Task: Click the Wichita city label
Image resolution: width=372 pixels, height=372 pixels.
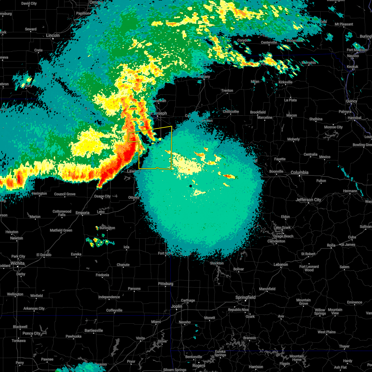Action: coord(17,263)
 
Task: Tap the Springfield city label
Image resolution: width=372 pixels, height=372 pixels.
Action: coord(246,297)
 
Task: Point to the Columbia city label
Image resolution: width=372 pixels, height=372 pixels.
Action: coord(299,172)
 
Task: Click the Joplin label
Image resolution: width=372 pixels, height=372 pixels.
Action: coord(177,306)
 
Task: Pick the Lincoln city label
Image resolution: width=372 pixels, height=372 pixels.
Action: coord(53,35)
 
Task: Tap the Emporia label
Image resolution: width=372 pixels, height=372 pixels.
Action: coord(82,213)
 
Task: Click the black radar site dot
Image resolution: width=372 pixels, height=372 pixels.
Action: coord(191,186)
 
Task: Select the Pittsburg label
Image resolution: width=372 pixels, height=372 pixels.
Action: coord(166,284)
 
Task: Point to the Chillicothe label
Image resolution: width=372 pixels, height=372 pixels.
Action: coord(231,112)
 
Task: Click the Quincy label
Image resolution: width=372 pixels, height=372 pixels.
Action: coord(351,101)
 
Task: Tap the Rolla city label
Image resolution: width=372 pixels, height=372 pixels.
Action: coord(331,245)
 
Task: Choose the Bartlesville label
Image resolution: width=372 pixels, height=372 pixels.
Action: coord(93,330)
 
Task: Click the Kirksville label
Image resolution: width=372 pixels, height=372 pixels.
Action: coord(286,82)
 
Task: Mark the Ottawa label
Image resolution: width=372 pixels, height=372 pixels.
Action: coord(134,197)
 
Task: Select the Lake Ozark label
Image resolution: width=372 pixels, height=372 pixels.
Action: coord(282,228)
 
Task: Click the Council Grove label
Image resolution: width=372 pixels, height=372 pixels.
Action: coord(65,194)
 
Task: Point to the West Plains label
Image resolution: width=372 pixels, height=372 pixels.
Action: coord(326,332)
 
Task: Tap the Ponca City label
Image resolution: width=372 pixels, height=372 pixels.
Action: coord(31,334)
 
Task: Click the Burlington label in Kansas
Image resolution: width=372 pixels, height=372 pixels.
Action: coord(107,228)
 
